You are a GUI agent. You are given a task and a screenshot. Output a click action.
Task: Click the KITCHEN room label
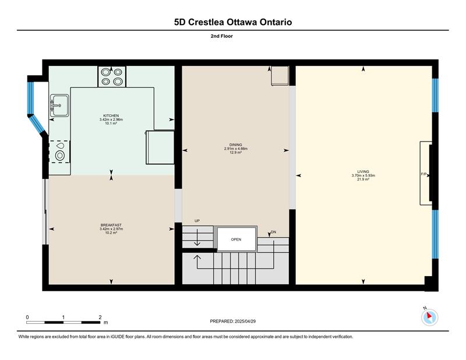[111, 116]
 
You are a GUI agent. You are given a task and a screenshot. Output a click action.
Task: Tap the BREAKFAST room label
[111, 225]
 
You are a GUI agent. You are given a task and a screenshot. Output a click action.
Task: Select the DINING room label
[236, 145]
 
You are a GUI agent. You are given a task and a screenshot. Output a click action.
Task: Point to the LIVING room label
[363, 171]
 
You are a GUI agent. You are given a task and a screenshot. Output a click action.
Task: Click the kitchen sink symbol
[59, 105]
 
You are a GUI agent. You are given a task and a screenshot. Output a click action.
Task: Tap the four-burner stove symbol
[112, 77]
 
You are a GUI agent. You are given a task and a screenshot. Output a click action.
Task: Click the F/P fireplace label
[423, 174]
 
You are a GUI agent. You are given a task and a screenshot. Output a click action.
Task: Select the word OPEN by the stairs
[236, 239]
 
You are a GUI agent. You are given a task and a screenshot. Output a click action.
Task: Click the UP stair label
[197, 221]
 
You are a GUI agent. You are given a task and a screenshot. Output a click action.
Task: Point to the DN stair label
[274, 232]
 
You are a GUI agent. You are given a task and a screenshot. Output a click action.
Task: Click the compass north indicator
[429, 316]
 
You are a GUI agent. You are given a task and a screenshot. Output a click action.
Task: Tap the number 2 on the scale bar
[100, 317]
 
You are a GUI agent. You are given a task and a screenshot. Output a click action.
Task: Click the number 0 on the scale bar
[27, 317]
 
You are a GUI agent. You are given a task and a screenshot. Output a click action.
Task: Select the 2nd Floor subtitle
[222, 36]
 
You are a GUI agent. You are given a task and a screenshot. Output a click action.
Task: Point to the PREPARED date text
[232, 322]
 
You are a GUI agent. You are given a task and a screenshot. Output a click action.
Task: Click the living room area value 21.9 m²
[363, 179]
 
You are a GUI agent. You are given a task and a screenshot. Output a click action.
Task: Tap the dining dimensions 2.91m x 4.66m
[236, 149]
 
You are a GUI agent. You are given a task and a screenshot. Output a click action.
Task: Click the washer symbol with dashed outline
[60, 151]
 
